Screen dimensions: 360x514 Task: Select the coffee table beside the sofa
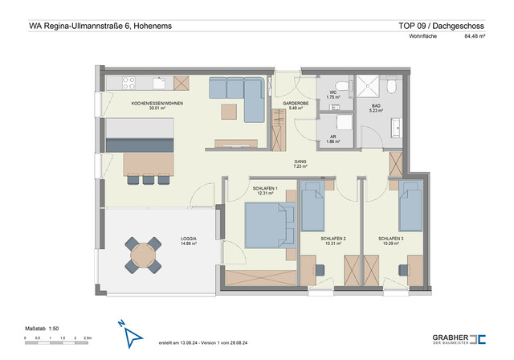pos(230,110)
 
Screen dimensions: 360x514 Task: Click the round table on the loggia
pos(143,254)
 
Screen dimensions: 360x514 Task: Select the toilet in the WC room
pos(341,84)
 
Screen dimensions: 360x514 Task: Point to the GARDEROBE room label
pos(296,104)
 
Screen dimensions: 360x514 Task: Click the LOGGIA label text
pos(189,239)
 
